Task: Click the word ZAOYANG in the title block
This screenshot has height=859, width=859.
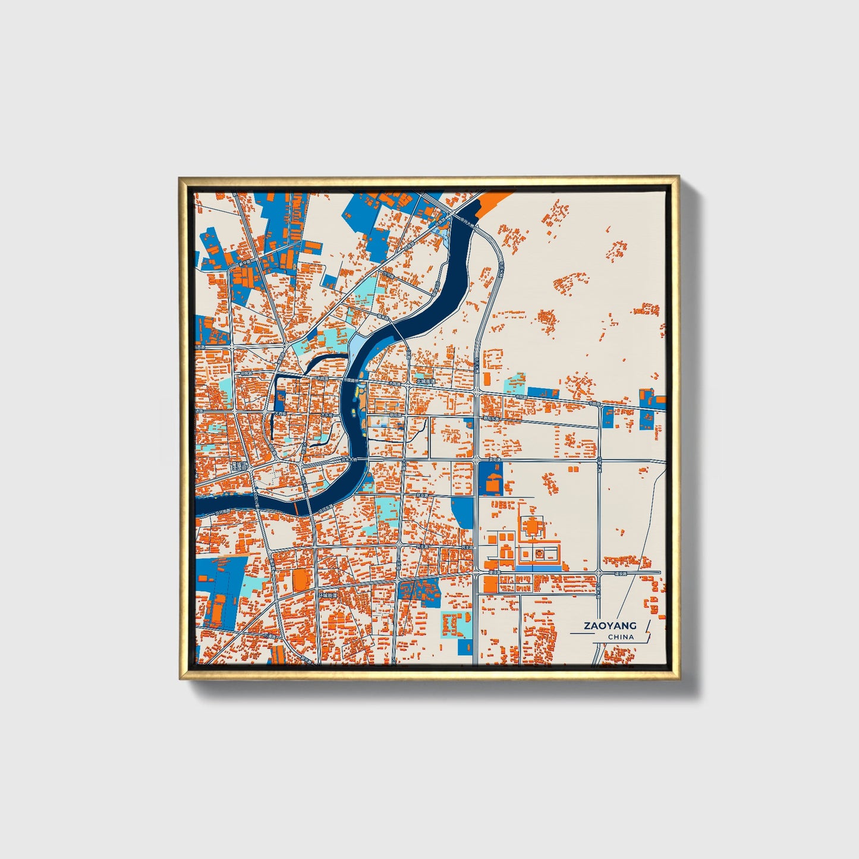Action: click(x=610, y=625)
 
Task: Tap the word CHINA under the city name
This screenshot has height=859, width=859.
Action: click(x=621, y=637)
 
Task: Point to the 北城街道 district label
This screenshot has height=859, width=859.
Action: click(x=426, y=382)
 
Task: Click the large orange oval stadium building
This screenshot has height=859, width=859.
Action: click(x=301, y=580)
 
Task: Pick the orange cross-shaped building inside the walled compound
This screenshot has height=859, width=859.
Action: click(x=531, y=527)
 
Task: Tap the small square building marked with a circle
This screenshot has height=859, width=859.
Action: click(x=539, y=554)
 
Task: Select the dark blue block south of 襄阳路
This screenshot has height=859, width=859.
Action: click(x=490, y=479)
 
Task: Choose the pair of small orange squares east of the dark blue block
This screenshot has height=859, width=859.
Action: click(x=574, y=469)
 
